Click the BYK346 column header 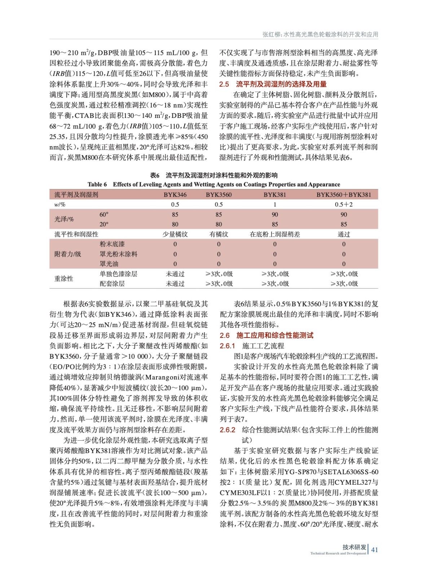click(175, 195)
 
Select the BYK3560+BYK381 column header click(344, 195)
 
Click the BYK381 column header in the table click(275, 195)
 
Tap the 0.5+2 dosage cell click(344, 204)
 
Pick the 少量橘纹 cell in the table click(175, 234)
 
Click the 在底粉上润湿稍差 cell click(275, 234)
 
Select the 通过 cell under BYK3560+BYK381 click(344, 234)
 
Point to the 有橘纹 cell click(219, 234)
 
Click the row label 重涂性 click(64, 279)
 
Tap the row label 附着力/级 click(68, 254)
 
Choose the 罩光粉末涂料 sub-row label click(118, 254)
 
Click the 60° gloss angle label click(104, 215)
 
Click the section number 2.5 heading click(224, 84)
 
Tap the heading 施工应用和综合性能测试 click(275, 335)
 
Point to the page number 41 click(375, 550)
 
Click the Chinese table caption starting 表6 click(214, 176)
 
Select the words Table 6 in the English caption click(97, 185)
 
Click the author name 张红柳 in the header click(272, 35)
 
